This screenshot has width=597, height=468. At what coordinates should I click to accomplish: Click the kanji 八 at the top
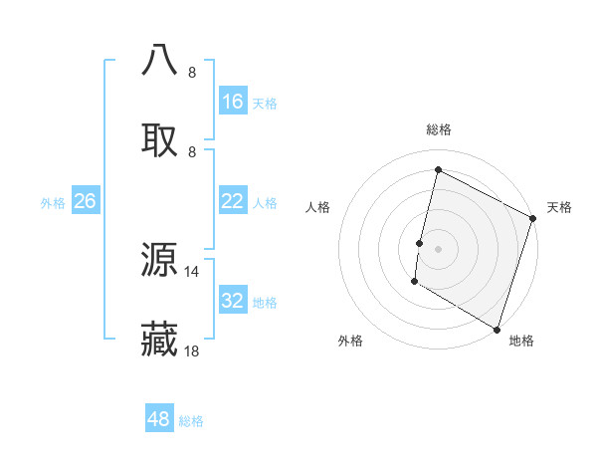click(160, 60)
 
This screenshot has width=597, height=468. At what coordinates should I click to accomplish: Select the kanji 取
click(160, 140)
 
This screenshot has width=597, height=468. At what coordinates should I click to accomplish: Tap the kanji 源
click(160, 260)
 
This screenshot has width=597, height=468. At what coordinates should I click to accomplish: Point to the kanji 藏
click(160, 340)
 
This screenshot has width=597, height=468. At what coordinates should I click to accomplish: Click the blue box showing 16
click(233, 102)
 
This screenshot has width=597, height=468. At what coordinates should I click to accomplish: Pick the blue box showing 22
click(233, 201)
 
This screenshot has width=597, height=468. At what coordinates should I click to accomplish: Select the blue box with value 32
click(233, 301)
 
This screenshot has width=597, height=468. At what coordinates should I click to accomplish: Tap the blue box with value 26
click(86, 201)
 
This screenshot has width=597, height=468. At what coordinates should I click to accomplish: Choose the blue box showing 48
click(159, 419)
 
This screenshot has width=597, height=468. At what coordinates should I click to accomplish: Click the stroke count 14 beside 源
click(192, 271)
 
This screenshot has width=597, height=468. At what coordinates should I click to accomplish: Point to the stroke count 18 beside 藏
click(192, 351)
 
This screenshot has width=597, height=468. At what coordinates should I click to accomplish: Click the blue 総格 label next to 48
click(191, 421)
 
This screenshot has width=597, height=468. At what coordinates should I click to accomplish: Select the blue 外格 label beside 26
click(53, 202)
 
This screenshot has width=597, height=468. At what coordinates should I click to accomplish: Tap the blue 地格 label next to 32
click(265, 302)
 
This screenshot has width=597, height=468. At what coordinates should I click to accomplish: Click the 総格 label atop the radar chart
click(439, 129)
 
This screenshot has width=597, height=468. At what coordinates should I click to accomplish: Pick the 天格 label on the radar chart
click(559, 207)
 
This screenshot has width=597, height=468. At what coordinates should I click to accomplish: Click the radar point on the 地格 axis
click(497, 329)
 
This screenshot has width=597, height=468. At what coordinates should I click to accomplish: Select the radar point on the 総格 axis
click(438, 170)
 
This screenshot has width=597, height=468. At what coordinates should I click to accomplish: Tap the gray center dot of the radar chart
click(438, 248)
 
